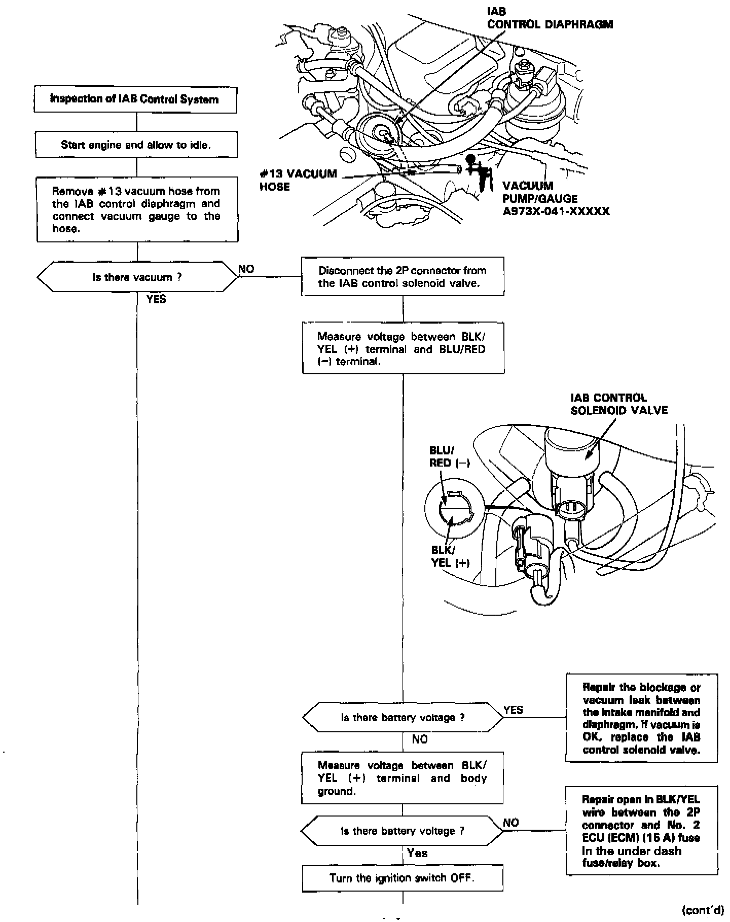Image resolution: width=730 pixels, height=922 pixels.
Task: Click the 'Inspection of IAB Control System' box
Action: click(x=135, y=99)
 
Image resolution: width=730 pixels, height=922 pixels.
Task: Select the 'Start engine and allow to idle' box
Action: click(x=136, y=145)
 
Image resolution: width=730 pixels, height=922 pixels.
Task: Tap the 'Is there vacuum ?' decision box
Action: click(x=137, y=277)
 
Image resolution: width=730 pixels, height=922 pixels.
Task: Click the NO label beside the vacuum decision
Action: click(x=246, y=269)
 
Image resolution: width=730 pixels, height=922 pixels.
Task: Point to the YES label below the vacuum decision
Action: click(x=156, y=299)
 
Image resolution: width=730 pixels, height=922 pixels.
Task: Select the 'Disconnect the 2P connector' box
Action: click(x=403, y=276)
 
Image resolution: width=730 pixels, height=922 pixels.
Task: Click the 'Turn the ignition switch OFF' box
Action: click(x=403, y=878)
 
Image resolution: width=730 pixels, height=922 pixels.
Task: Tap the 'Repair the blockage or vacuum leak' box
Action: click(x=641, y=718)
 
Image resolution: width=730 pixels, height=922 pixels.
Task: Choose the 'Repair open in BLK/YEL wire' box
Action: click(x=641, y=831)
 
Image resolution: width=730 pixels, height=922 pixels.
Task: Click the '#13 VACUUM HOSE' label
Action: click(x=298, y=180)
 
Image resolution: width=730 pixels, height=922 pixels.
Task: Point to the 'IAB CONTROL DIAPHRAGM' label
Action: click(x=550, y=18)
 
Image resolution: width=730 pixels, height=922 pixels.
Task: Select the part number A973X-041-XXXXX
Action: click(x=556, y=211)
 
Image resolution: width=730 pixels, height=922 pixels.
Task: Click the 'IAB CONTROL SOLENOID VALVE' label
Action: click(x=619, y=404)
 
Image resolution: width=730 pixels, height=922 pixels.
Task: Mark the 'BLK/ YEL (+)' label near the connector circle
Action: click(x=450, y=556)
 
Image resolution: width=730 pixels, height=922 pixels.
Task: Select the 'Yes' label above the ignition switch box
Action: click(x=417, y=853)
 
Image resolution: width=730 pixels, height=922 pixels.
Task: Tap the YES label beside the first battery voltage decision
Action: click(x=513, y=710)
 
